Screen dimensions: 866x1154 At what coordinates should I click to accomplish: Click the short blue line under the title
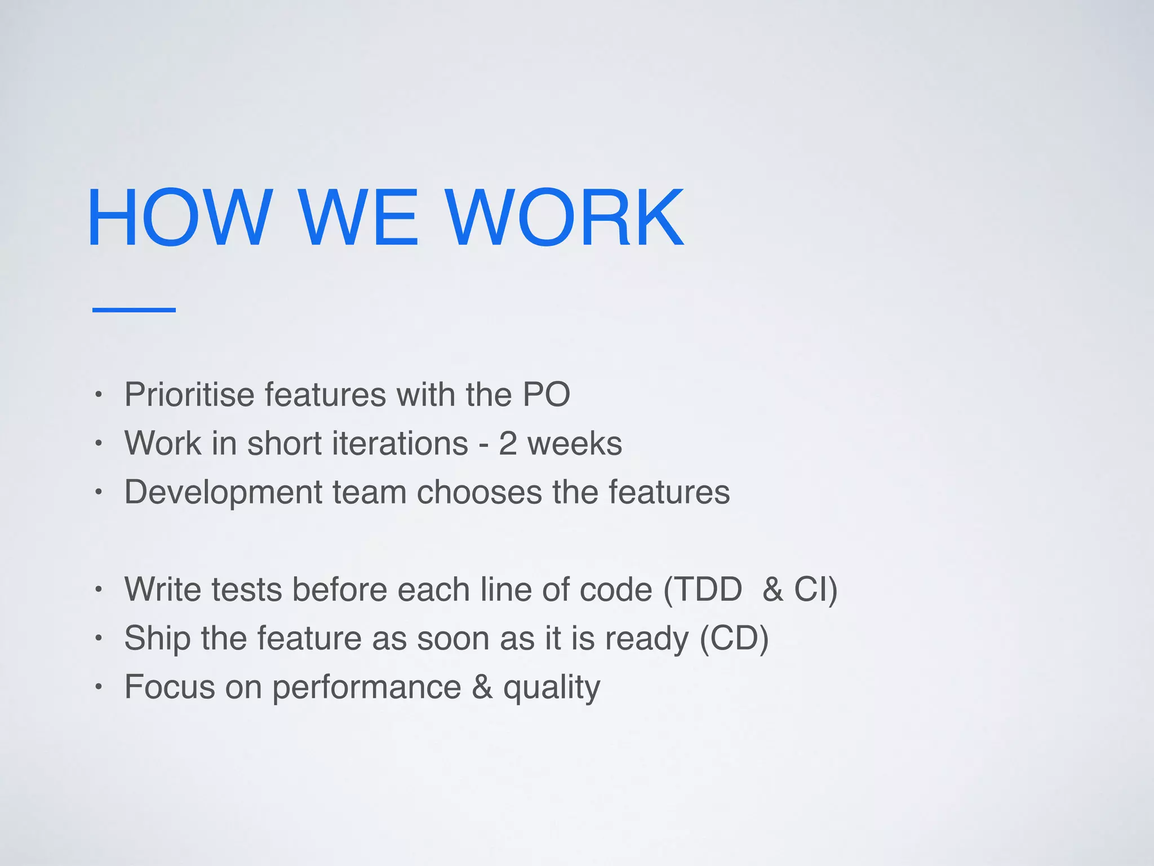click(x=134, y=310)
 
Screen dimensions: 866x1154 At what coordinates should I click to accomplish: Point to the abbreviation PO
click(x=546, y=394)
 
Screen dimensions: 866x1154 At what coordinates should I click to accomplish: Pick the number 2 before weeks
click(x=507, y=443)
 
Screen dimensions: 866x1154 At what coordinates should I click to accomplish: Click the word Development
click(x=223, y=492)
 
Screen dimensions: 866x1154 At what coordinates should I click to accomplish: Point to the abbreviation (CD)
click(x=734, y=638)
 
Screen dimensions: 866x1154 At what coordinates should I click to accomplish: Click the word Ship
click(x=157, y=638)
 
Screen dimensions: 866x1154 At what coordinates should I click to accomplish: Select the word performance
click(x=367, y=688)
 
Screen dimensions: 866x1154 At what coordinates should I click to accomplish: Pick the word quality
click(x=551, y=688)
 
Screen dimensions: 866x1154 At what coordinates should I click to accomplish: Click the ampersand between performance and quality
click(x=482, y=687)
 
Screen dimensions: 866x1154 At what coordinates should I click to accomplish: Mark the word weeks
click(x=574, y=443)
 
